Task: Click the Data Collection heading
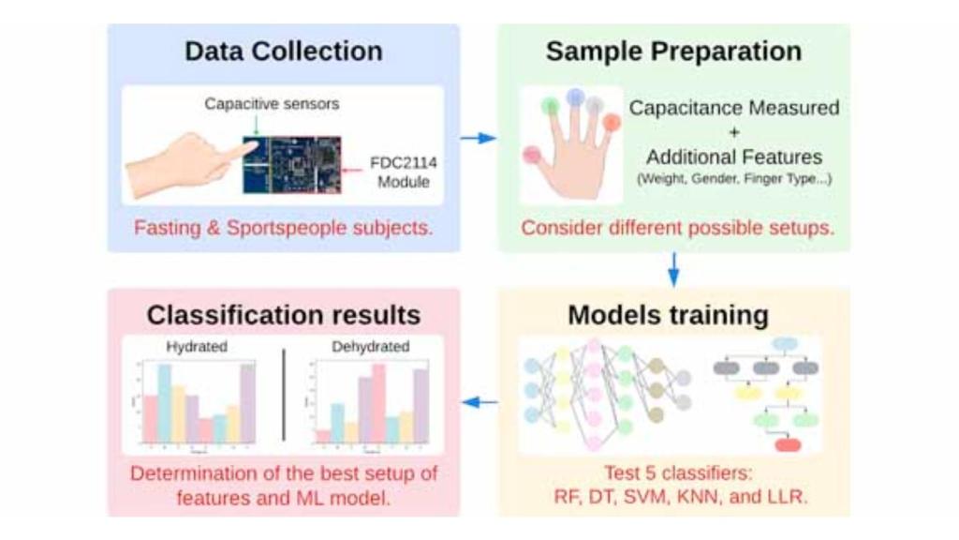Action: click(x=283, y=51)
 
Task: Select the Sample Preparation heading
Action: click(x=673, y=51)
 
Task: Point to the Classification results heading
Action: click(x=283, y=315)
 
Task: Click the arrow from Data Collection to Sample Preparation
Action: click(x=479, y=138)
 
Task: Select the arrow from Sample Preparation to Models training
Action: click(x=672, y=269)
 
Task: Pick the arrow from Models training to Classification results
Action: click(x=479, y=402)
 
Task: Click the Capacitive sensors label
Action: click(x=272, y=104)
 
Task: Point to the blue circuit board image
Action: click(x=291, y=164)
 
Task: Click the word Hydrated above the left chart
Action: click(x=197, y=346)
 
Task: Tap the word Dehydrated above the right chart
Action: click(x=370, y=346)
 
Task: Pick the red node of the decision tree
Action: click(x=788, y=444)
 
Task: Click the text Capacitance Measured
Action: click(x=734, y=108)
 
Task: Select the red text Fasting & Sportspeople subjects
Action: click(x=283, y=228)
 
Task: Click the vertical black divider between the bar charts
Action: click(x=284, y=394)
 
